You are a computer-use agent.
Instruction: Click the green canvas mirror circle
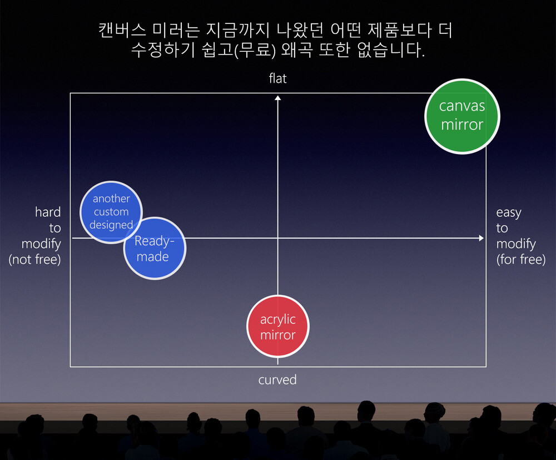[x=462, y=116]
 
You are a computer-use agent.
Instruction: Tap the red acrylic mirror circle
[x=278, y=327]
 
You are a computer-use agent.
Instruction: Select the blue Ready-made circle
[x=155, y=248]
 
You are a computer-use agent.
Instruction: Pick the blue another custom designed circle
[x=111, y=212]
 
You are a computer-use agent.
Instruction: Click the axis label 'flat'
[x=277, y=78]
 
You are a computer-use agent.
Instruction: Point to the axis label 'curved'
[x=277, y=380]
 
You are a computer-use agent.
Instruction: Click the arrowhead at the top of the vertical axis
[x=277, y=98]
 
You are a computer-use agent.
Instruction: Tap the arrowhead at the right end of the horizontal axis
[x=481, y=238]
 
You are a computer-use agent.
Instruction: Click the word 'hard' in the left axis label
[x=48, y=212]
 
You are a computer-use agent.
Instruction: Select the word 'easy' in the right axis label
[x=509, y=213]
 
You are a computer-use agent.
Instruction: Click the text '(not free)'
[x=34, y=259]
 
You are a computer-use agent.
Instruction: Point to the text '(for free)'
[x=521, y=259]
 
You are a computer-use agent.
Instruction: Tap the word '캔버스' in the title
[x=122, y=30]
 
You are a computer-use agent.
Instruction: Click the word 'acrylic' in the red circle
[x=278, y=320]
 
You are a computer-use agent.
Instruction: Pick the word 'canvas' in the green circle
[x=462, y=106]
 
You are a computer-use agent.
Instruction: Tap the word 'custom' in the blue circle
[x=111, y=212]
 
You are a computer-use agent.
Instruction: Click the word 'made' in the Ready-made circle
[x=153, y=256]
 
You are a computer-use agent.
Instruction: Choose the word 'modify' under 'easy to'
[x=517, y=244]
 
